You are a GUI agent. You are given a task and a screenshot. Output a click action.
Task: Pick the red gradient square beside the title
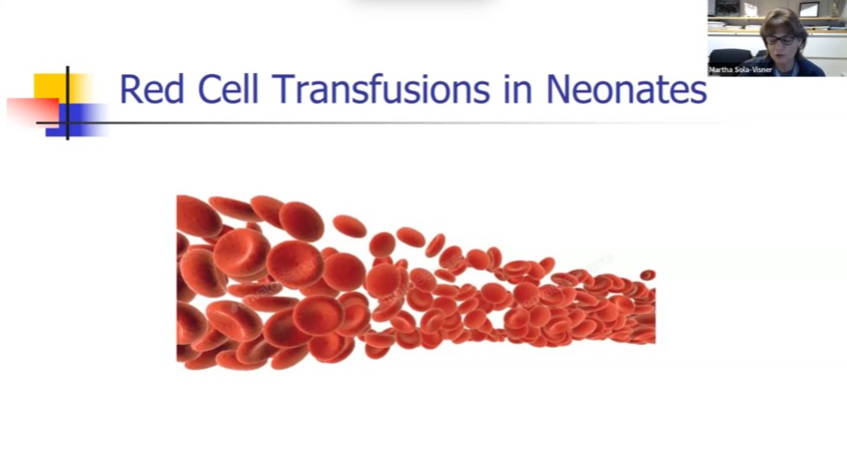31,110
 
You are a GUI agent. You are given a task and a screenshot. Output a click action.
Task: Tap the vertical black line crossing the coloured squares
68,102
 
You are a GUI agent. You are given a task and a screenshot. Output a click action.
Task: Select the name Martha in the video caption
721,69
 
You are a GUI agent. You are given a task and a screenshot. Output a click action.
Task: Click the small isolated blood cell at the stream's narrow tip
647,275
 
